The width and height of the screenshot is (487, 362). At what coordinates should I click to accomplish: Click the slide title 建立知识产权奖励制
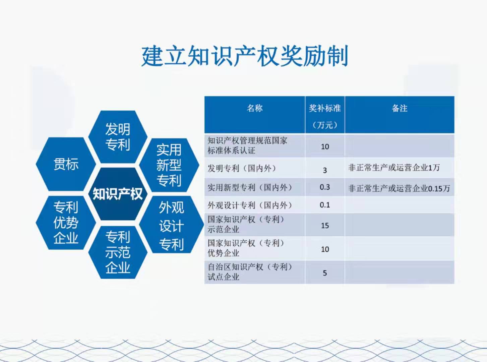245,56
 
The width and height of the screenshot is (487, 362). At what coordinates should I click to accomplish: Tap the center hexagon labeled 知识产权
118,194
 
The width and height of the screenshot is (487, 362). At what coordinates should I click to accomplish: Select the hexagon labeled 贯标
66,164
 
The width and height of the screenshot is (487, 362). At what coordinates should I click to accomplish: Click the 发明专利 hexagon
118,137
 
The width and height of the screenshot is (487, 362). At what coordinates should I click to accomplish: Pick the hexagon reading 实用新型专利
169,165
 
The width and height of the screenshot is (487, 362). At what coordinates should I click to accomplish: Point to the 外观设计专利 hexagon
171,225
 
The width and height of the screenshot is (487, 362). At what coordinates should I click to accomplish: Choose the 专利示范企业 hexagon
118,252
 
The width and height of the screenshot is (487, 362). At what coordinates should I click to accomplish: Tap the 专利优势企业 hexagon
66,223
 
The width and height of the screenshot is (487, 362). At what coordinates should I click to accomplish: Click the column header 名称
255,108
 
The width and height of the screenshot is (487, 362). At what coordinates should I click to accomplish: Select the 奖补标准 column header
325,108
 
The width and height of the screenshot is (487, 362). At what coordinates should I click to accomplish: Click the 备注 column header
400,108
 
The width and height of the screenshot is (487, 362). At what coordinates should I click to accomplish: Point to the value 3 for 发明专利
325,170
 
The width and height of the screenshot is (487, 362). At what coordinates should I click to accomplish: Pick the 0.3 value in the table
325,187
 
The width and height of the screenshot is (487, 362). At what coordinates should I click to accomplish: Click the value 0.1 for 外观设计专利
325,205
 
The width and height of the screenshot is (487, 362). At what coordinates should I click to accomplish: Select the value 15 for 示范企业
325,226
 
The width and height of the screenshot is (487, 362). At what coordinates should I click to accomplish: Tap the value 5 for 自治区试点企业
325,273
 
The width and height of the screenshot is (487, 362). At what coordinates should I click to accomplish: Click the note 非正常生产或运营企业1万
394,168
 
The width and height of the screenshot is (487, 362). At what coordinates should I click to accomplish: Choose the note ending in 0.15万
399,188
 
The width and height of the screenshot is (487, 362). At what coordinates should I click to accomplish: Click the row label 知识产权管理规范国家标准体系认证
247,145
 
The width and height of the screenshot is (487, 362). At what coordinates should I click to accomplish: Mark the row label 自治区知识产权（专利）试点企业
250,272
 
